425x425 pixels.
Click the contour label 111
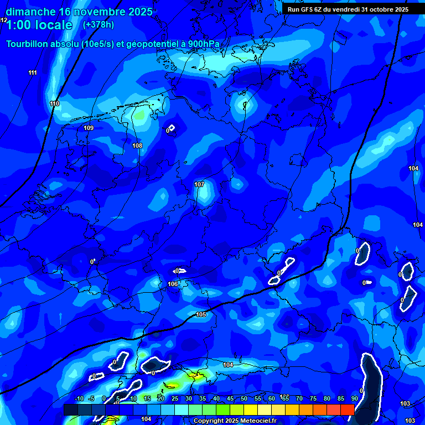pyautogui.click(x=33, y=73)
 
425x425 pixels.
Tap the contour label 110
pyautogui.click(x=54, y=104)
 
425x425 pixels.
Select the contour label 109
pyautogui.click(x=89, y=128)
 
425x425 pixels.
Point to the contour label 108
pyautogui.click(x=137, y=146)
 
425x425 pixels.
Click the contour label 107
pyautogui.click(x=199, y=184)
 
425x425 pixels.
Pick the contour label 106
pyautogui.click(x=173, y=284)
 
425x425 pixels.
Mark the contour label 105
pyautogui.click(x=201, y=315)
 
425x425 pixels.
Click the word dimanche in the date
pyautogui.click(x=30, y=12)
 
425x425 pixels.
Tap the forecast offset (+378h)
pyautogui.click(x=98, y=25)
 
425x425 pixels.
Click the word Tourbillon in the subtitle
pyautogui.click(x=28, y=44)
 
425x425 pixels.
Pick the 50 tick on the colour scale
pyautogui.click(x=244, y=399)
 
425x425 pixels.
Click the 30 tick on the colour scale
pyautogui.click(x=189, y=399)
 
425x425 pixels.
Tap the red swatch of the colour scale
pyautogui.click(x=347, y=410)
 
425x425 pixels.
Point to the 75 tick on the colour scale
pyautogui.click(x=313, y=399)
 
